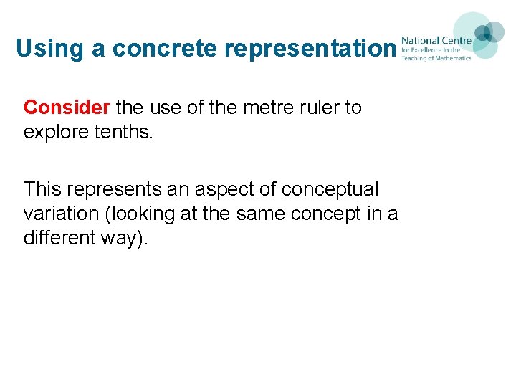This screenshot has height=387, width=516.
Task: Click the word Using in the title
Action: click(44, 48)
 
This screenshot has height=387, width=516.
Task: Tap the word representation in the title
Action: click(310, 48)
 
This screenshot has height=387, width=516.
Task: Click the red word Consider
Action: click(67, 107)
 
